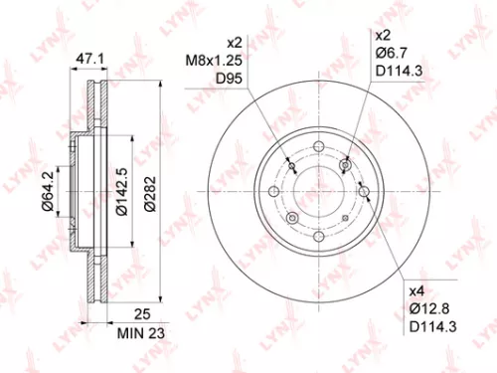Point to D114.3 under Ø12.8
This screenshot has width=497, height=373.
[430, 330]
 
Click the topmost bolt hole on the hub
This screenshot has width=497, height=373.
[318, 149]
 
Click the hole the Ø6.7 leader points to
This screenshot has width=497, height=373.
[346, 165]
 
